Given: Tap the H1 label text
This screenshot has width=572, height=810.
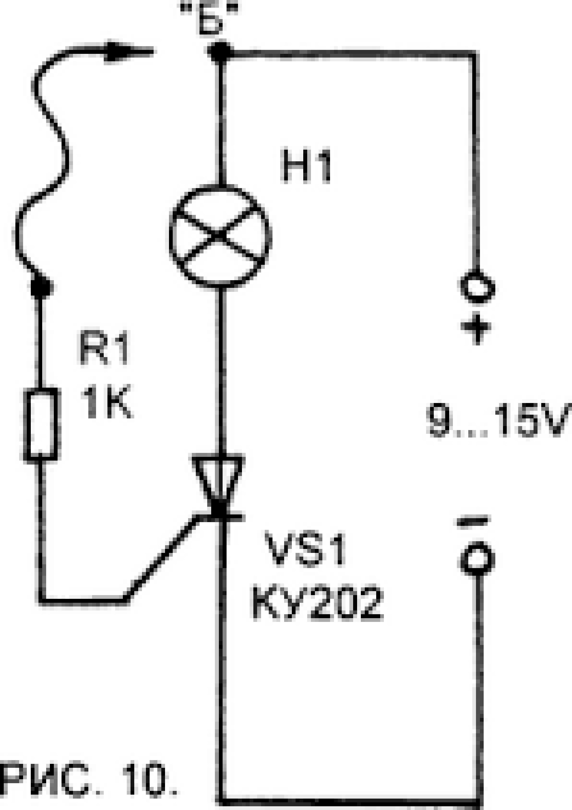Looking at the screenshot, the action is (306, 166).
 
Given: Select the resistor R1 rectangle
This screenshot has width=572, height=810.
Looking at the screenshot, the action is (41, 424).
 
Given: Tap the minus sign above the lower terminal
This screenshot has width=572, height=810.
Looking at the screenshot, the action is (473, 520).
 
